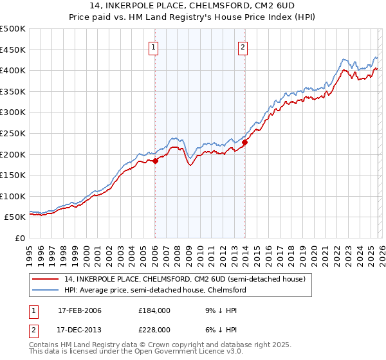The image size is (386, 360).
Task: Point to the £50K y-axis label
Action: coord(15,217)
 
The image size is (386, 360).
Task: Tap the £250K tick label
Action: coord(13,133)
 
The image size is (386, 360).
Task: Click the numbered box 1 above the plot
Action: coord(154,46)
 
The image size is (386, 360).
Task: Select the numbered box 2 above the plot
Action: coord(243,46)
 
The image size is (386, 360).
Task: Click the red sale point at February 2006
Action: coord(155,161)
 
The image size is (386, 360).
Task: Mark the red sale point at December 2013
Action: coord(245,143)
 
